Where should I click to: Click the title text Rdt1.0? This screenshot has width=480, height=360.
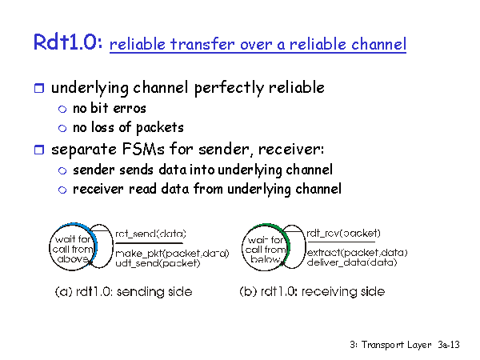tap(68, 42)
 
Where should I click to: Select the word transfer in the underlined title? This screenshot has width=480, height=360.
tap(202, 44)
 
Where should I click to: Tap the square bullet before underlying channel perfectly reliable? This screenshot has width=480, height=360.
tap(39, 88)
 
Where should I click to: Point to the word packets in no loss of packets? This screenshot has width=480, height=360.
tap(159, 128)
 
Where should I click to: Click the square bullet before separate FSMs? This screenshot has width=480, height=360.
tap(39, 150)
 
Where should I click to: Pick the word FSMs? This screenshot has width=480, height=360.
tap(143, 149)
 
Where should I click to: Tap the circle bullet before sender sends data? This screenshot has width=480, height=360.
tap(62, 171)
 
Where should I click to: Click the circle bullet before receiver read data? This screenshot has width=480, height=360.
tap(62, 190)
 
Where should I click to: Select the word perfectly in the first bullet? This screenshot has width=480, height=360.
tap(229, 88)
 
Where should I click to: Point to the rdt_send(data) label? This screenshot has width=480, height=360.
tap(150, 234)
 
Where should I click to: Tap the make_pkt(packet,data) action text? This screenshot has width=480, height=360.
tap(172, 254)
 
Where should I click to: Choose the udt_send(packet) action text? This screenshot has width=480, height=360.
tap(158, 263)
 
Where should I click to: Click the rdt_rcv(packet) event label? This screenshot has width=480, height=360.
tap(343, 234)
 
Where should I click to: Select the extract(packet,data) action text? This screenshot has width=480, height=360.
tap(358, 253)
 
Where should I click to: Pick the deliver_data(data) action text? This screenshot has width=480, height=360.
tap(352, 262)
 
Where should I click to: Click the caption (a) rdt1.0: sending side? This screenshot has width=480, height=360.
tap(124, 291)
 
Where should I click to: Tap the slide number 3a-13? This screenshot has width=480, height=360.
tap(449, 345)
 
